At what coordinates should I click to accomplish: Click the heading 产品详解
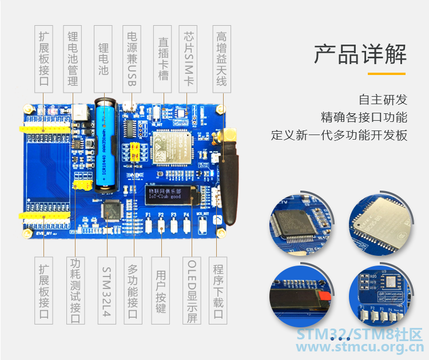point(360,54)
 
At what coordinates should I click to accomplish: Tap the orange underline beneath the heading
point(386,73)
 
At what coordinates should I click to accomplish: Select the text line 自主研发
point(383,99)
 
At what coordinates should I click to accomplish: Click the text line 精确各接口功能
point(364,117)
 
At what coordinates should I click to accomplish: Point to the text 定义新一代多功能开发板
point(339,136)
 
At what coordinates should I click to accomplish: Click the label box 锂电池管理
point(73,57)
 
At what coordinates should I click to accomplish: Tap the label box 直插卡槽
point(162,57)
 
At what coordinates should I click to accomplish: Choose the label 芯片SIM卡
point(189,57)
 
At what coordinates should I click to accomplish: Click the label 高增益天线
point(221,57)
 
